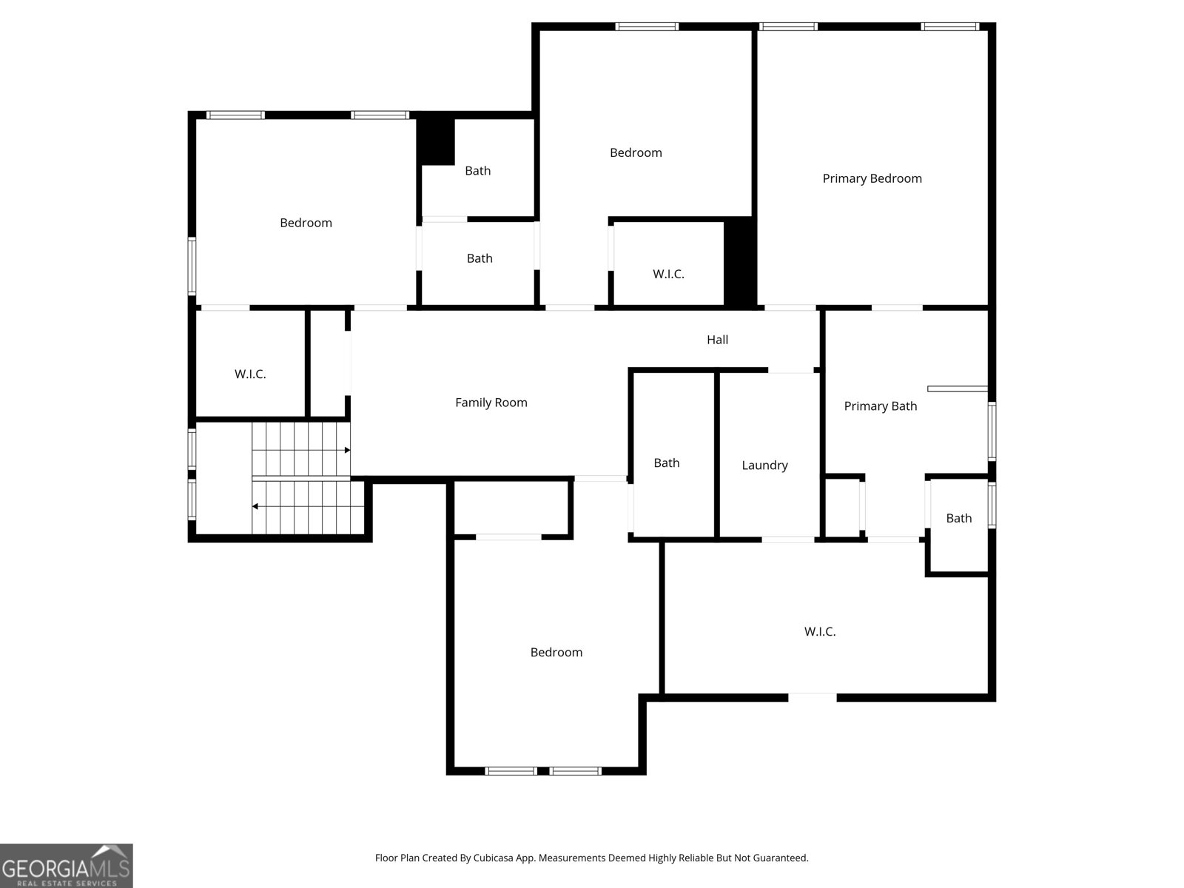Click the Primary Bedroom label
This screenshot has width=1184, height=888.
point(872,178)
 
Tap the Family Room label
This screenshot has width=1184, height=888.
point(491,403)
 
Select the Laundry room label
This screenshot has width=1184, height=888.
point(764,465)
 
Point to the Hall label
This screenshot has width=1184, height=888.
point(717,340)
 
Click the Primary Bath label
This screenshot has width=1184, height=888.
point(881,406)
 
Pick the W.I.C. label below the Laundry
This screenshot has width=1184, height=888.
point(820,631)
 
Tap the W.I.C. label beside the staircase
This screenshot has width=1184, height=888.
point(249,374)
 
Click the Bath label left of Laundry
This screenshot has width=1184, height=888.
point(666,462)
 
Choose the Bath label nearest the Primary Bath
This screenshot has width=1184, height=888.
point(958,518)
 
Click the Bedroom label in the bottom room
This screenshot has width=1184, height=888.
point(556,653)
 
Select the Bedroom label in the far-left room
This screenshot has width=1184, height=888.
point(306,223)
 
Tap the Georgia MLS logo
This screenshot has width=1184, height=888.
point(67,865)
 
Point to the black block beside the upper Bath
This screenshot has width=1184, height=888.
point(436,141)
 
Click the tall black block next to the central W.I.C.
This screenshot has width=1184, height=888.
point(739,263)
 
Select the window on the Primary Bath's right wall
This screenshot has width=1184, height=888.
point(992,431)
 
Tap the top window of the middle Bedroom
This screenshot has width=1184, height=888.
point(647,27)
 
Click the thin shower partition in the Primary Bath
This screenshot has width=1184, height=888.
point(958,388)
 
